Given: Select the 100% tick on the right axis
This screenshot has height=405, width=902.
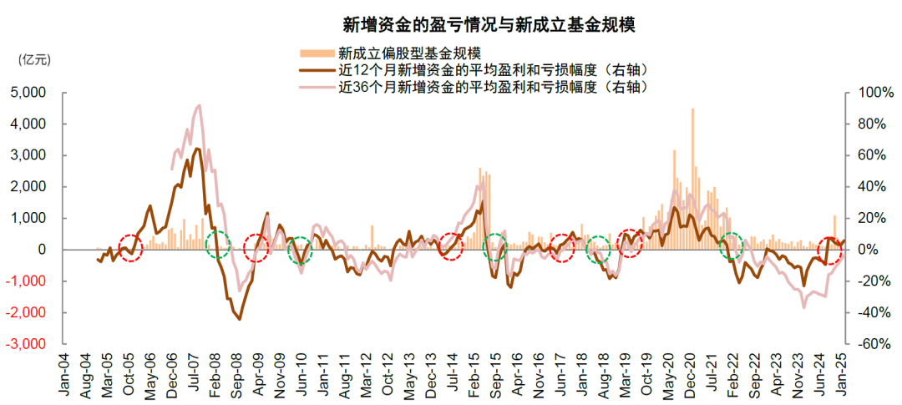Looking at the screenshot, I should [x=869, y=92].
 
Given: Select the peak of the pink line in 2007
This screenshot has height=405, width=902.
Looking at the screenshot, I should [x=199, y=105].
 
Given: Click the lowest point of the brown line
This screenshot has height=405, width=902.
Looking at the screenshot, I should [x=239, y=319].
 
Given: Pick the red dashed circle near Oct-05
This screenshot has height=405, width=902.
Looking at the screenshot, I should [x=130, y=248].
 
